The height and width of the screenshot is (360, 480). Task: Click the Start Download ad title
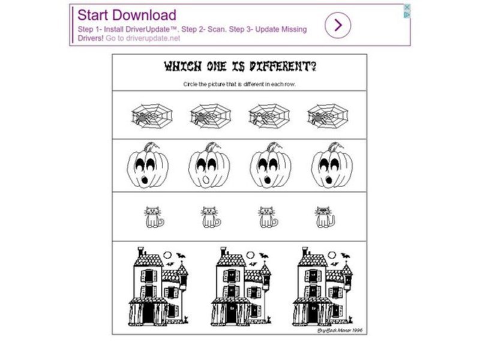(127, 15)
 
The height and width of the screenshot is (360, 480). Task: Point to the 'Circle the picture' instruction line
(239, 84)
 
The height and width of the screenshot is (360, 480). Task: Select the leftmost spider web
(151, 114)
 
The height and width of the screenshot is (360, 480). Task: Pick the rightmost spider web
(327, 114)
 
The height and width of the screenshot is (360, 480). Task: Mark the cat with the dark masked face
(325, 217)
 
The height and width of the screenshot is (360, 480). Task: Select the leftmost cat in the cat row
(154, 217)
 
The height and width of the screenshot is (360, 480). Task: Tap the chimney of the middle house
(223, 251)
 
